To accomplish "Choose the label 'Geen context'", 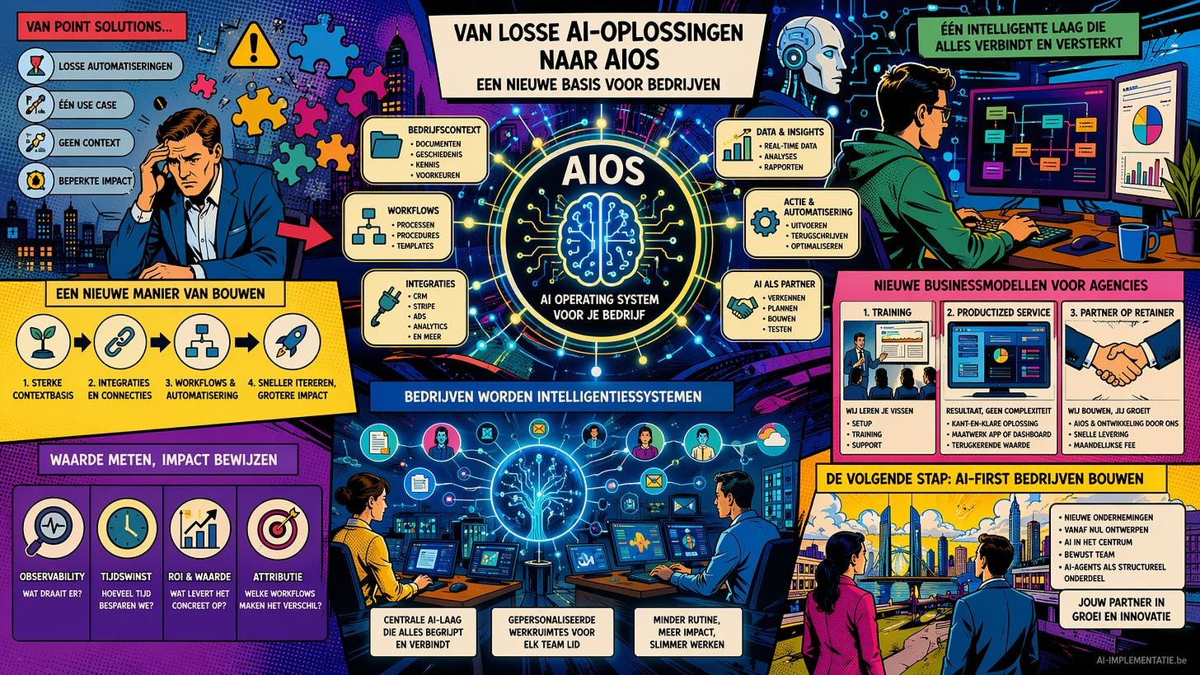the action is [x=89, y=143].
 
